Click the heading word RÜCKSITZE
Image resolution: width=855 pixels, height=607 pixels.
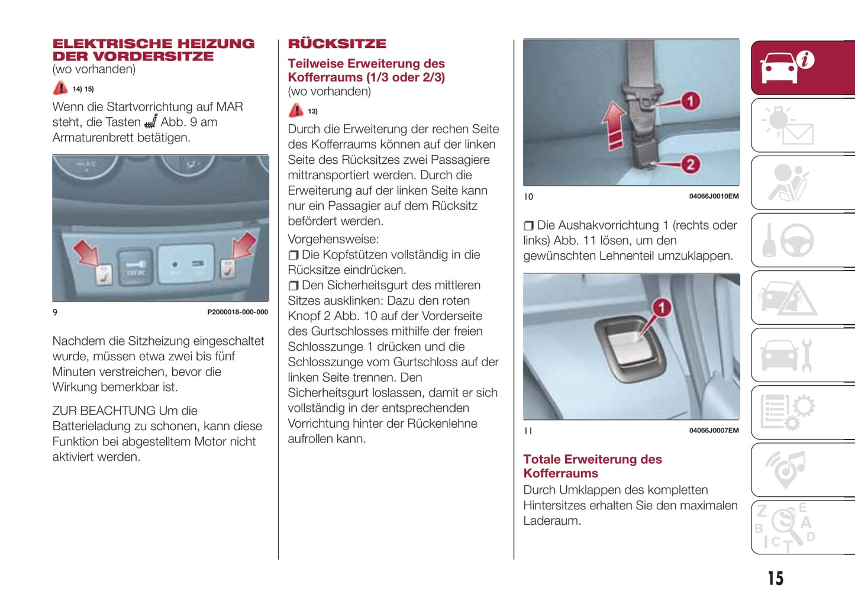[337, 44]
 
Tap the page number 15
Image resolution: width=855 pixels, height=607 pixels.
[775, 578]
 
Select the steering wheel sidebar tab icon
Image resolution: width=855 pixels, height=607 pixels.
[796, 240]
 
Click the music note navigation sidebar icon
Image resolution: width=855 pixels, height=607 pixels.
[786, 470]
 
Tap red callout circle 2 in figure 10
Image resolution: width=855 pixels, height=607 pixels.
[690, 164]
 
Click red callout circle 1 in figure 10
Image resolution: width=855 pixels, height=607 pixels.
[690, 101]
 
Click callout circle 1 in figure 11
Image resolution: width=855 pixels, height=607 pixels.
[662, 308]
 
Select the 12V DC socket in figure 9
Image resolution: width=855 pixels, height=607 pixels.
[136, 268]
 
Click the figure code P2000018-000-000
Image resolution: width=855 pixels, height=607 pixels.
[237, 312]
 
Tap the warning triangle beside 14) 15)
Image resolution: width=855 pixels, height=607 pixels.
[60, 89]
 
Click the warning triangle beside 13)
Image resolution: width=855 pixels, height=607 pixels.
[296, 111]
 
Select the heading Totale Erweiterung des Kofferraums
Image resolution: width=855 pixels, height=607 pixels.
[592, 466]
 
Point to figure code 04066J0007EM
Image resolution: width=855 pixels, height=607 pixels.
[714, 431]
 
